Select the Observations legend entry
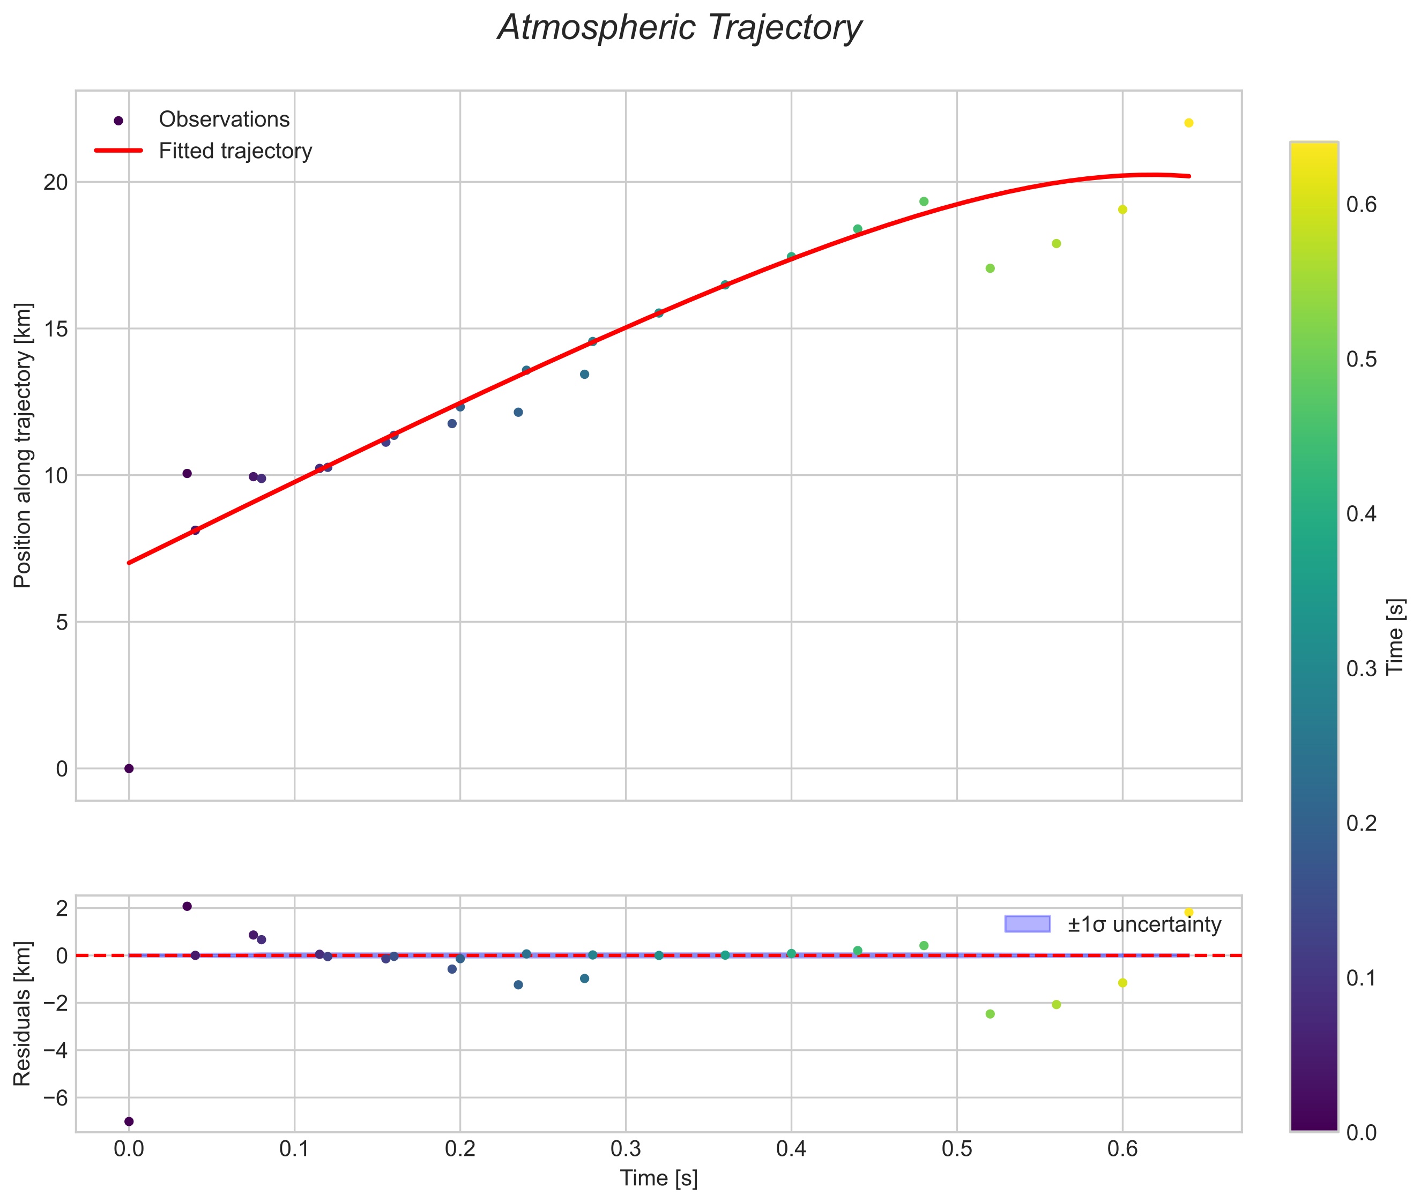224,119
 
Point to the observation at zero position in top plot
129,768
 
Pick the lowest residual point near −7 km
129,1121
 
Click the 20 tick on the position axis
57,182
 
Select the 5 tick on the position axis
62,622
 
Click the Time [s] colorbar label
1395,636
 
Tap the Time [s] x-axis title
658,1178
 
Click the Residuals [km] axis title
23,1013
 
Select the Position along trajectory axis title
23,445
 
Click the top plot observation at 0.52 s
990,268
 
